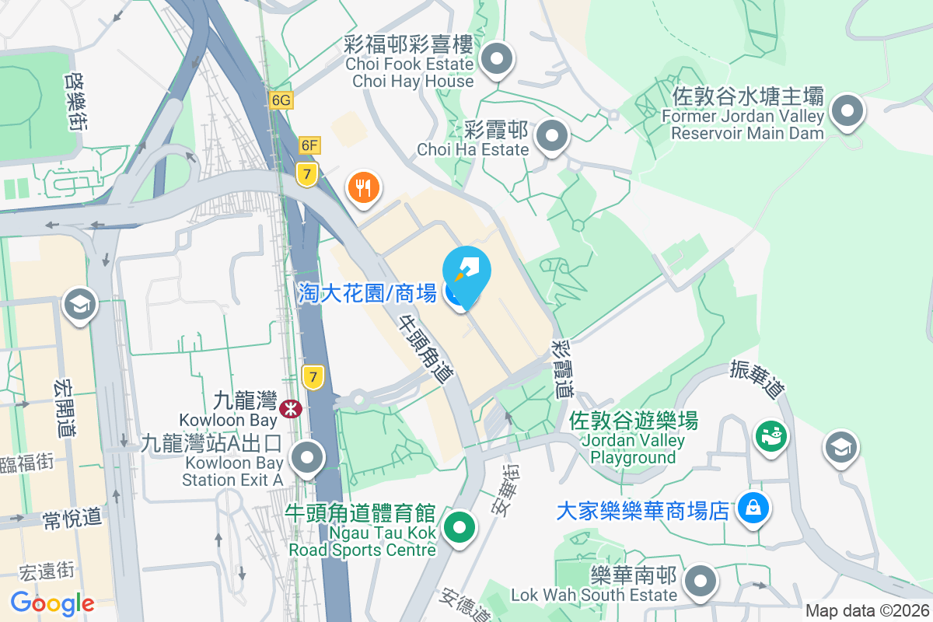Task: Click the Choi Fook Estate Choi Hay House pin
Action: click(495, 58)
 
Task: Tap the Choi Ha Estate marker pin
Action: click(552, 136)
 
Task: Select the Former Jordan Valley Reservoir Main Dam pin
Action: click(847, 110)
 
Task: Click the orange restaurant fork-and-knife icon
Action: click(363, 187)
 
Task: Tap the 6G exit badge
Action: click(281, 100)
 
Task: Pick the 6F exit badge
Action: click(309, 145)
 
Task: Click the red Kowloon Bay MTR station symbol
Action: click(291, 408)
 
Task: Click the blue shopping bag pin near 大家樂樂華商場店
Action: click(752, 508)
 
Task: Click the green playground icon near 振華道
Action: click(771, 436)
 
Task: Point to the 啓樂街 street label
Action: click(75, 101)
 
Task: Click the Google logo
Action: click(52, 603)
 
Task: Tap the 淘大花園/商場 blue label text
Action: click(367, 292)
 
